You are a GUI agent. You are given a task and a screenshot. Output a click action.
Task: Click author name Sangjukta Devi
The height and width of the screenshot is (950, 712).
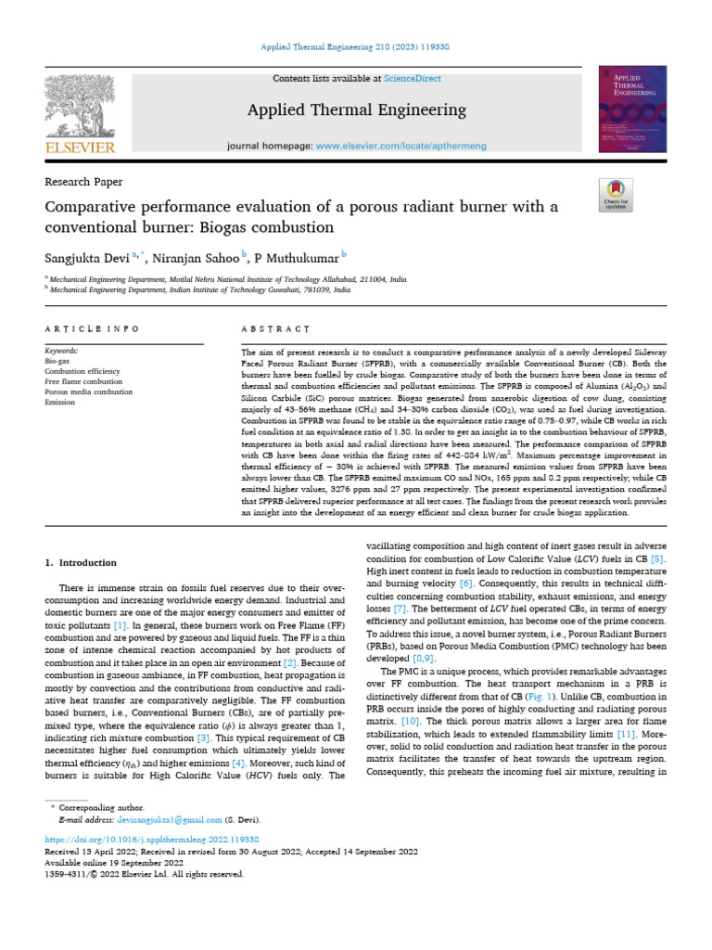[89, 256]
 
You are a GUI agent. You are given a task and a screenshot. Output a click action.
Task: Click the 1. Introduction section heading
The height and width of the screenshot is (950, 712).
[82, 563]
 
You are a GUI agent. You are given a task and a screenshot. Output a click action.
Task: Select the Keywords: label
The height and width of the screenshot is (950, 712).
[64, 351]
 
